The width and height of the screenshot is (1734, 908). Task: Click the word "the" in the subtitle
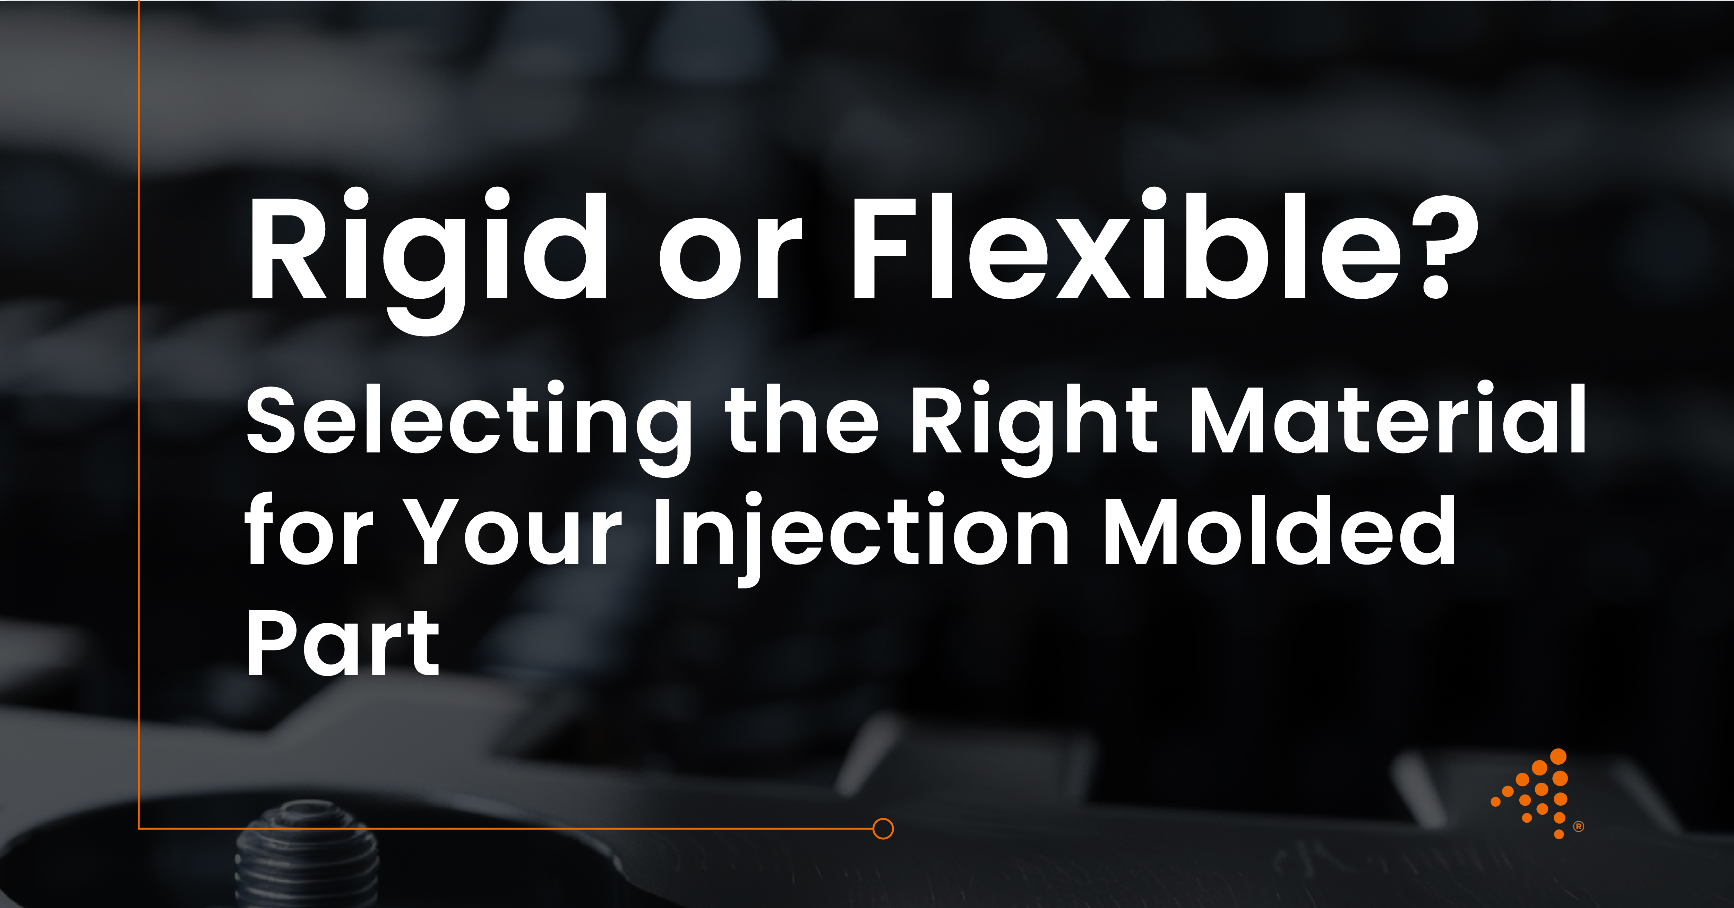click(x=801, y=421)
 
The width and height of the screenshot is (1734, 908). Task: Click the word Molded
click(x=1279, y=532)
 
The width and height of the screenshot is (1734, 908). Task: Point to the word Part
click(x=343, y=643)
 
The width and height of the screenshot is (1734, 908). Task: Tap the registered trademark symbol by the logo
click(x=1579, y=826)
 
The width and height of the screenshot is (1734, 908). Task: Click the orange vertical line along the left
click(x=139, y=404)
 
